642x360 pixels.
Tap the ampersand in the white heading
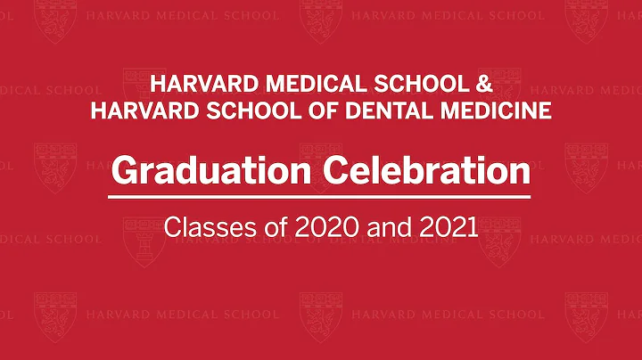(481, 86)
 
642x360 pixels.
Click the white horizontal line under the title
(321, 196)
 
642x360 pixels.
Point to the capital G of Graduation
(124, 168)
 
